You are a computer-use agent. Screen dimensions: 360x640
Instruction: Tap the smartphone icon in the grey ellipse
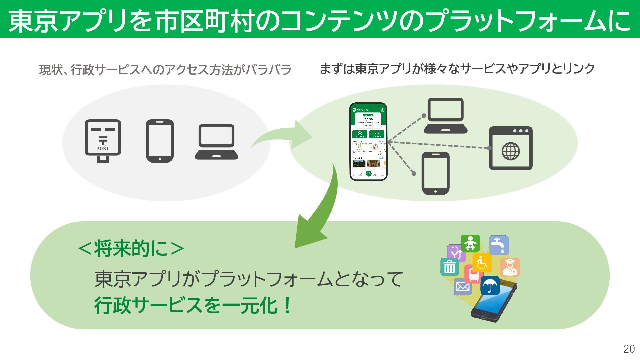160,141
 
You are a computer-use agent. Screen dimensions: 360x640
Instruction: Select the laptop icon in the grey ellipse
217,142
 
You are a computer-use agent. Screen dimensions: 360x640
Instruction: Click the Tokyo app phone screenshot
368,142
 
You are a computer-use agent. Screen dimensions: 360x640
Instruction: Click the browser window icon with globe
510,148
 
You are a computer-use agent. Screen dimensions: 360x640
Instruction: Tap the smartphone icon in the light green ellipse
435,173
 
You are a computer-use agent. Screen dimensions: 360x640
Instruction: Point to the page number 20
629,349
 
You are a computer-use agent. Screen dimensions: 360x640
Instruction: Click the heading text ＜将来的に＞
131,248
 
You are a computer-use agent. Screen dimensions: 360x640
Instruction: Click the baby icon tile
470,243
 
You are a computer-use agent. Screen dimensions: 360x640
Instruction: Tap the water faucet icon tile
499,245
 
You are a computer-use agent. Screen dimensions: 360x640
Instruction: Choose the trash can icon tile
449,267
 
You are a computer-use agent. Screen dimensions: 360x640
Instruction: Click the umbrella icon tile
490,285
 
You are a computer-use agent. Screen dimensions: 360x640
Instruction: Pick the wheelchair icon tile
482,263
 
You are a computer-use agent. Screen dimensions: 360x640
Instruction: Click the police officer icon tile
510,267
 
